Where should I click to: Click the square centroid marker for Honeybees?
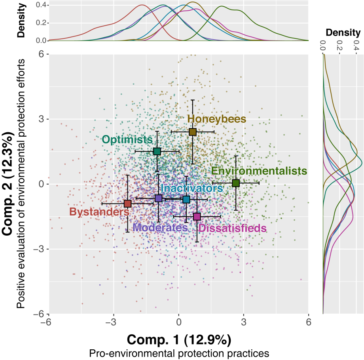(x=193, y=132)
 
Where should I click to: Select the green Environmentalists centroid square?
(x=236, y=183)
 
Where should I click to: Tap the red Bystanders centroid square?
(x=127, y=204)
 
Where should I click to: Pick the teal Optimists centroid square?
(x=157, y=151)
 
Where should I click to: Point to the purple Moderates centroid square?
(x=159, y=198)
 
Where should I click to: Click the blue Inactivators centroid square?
(x=186, y=199)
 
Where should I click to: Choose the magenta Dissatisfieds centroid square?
(x=197, y=216)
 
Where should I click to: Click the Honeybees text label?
(x=216, y=119)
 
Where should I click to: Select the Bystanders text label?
(x=99, y=212)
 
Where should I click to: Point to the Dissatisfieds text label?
(x=232, y=228)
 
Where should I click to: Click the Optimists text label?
(x=127, y=139)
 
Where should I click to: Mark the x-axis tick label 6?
(x=308, y=322)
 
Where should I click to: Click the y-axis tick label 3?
(x=40, y=119)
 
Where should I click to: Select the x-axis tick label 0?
(x=178, y=322)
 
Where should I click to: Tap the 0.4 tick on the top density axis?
(x=41, y=5)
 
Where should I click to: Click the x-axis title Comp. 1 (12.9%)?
(x=179, y=339)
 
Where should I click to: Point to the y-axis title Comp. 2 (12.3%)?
(x=9, y=184)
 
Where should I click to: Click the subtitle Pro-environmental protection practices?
(x=179, y=353)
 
